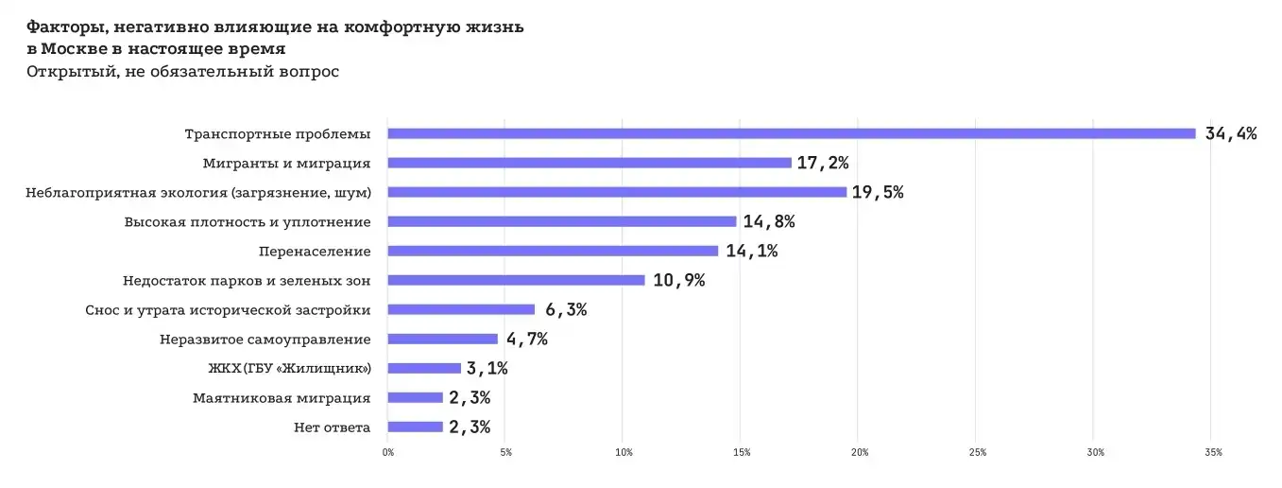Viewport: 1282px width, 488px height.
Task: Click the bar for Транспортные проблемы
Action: pos(792,133)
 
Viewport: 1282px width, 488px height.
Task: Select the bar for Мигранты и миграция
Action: pos(590,163)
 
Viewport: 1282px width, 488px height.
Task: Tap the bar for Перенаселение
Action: pos(553,251)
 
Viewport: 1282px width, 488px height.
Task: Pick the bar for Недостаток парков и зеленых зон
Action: pos(516,280)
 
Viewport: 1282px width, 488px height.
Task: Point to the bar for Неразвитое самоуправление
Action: pos(442,339)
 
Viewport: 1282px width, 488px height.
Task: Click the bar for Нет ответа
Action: pos(415,427)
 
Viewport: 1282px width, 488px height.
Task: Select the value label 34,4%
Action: pos(1230,133)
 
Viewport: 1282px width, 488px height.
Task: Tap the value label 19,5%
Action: pos(878,192)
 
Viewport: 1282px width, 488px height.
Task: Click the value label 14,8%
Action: pos(768,222)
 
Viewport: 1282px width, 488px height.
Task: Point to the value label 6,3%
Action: pos(565,310)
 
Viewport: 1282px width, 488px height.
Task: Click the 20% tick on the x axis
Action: pos(859,453)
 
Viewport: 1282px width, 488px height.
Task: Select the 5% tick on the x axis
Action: pos(505,453)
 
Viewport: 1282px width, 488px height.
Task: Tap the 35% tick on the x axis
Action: pos(1213,453)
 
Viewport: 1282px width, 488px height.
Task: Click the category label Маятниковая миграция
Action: pos(281,398)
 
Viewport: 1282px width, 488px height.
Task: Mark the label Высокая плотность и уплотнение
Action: pos(247,222)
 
